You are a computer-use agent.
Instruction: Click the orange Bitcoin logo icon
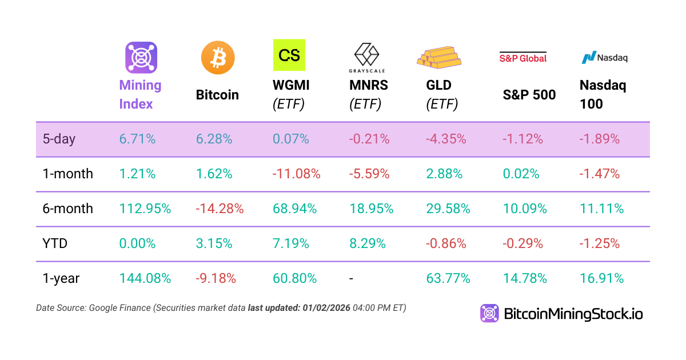[x=218, y=58]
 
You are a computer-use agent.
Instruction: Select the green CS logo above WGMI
[x=289, y=55]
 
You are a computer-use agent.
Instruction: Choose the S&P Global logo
[x=523, y=57]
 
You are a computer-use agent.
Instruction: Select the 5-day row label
[x=59, y=139]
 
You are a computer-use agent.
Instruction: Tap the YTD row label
[x=55, y=243]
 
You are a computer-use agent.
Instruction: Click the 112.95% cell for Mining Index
[x=145, y=209]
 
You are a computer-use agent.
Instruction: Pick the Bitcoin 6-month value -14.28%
[x=220, y=209]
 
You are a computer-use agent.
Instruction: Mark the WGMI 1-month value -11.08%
[x=296, y=174]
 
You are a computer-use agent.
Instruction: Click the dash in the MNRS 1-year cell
[x=352, y=279]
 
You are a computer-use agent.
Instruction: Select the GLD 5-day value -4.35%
[x=448, y=139]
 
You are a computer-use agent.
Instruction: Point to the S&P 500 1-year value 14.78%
[x=525, y=278]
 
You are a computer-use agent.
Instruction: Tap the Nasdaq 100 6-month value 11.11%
[x=601, y=209]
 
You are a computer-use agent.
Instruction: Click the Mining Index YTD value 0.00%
[x=137, y=243]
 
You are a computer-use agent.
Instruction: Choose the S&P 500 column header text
[x=529, y=95]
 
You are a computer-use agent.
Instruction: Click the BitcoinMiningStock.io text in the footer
[x=573, y=314]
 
